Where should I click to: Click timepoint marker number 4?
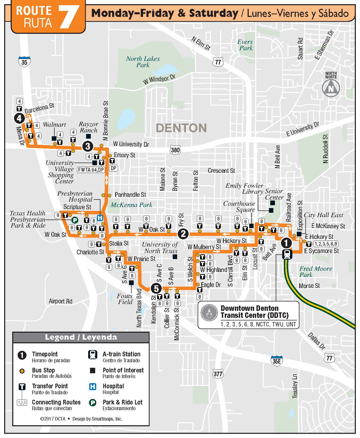tap(19, 119)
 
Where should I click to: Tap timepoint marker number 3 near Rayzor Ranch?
tap(88, 146)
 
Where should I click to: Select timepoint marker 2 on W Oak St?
tap(183, 234)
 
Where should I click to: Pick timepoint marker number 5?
tap(156, 288)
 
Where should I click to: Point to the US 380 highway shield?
tap(175, 150)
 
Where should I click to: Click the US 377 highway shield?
tap(218, 374)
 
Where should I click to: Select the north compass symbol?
tap(331, 88)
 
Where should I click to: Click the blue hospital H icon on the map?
tap(100, 218)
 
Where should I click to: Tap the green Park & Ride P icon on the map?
tap(75, 220)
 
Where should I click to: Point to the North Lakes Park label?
tap(143, 62)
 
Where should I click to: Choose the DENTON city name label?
tap(181, 128)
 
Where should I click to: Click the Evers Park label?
tap(246, 45)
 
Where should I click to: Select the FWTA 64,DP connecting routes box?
tap(91, 170)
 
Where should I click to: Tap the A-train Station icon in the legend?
tap(93, 355)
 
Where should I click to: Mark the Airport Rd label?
tap(61, 301)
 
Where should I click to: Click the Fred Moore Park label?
tap(316, 272)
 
